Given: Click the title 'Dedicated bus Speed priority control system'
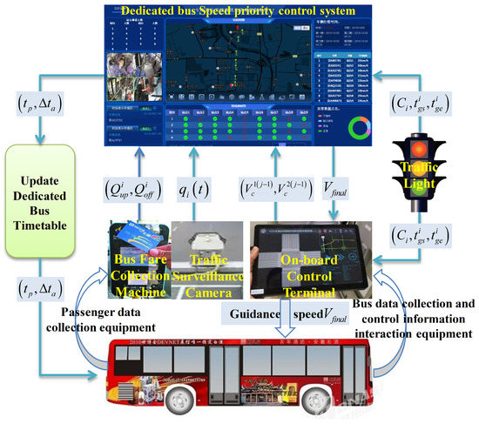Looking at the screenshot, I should (239, 12).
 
